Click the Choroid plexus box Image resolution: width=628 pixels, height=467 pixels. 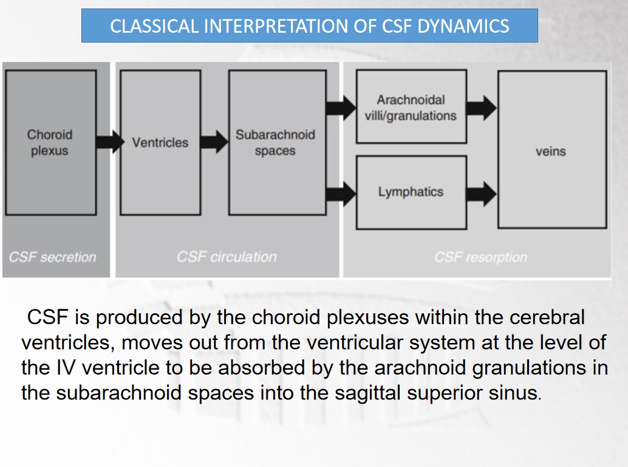pyautogui.click(x=50, y=142)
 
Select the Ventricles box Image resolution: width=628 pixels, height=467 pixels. pyautogui.click(x=160, y=142)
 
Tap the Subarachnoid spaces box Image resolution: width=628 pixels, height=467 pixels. pyautogui.click(x=277, y=142)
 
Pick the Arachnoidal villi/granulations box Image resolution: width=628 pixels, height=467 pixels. pyautogui.click(x=411, y=107)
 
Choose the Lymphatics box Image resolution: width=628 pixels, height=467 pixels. pyautogui.click(x=411, y=192)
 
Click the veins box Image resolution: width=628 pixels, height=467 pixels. pyautogui.click(x=551, y=150)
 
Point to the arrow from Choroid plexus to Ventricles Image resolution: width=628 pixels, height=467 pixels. pyautogui.click(x=108, y=142)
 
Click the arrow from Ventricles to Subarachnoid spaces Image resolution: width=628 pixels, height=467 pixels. pyautogui.click(x=214, y=142)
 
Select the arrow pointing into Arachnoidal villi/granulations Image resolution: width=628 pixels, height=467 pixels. pyautogui.click(x=341, y=108)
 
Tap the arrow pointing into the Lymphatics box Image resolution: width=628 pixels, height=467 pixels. pyautogui.click(x=341, y=194)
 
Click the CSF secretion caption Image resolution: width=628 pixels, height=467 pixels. pyautogui.click(x=52, y=257)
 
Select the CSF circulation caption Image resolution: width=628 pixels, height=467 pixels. pyautogui.click(x=227, y=257)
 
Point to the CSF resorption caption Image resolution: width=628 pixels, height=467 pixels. pyautogui.click(x=480, y=257)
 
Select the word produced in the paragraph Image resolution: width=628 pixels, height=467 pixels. pyautogui.click(x=139, y=317)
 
